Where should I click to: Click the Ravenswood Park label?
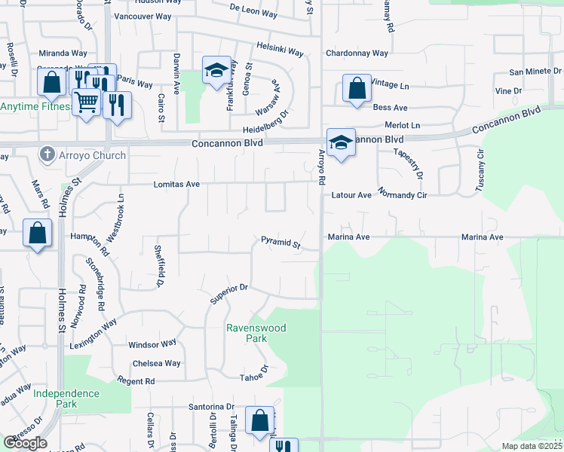[x=247, y=333]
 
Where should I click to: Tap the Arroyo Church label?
[x=95, y=156]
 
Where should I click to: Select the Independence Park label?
[x=66, y=399]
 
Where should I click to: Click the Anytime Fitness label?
[x=35, y=106]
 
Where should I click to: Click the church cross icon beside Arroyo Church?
[x=47, y=155]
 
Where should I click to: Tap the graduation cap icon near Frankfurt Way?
[x=216, y=72]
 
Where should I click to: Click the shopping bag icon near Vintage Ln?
[x=357, y=89]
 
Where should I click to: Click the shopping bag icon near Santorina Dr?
[x=259, y=423]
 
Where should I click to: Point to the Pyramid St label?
[x=280, y=244]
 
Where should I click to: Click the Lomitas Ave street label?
[x=176, y=184]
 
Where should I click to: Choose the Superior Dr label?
[x=229, y=292]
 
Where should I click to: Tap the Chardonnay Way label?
[x=357, y=53]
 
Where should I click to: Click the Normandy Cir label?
[x=403, y=195]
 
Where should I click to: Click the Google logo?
[x=25, y=443]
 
